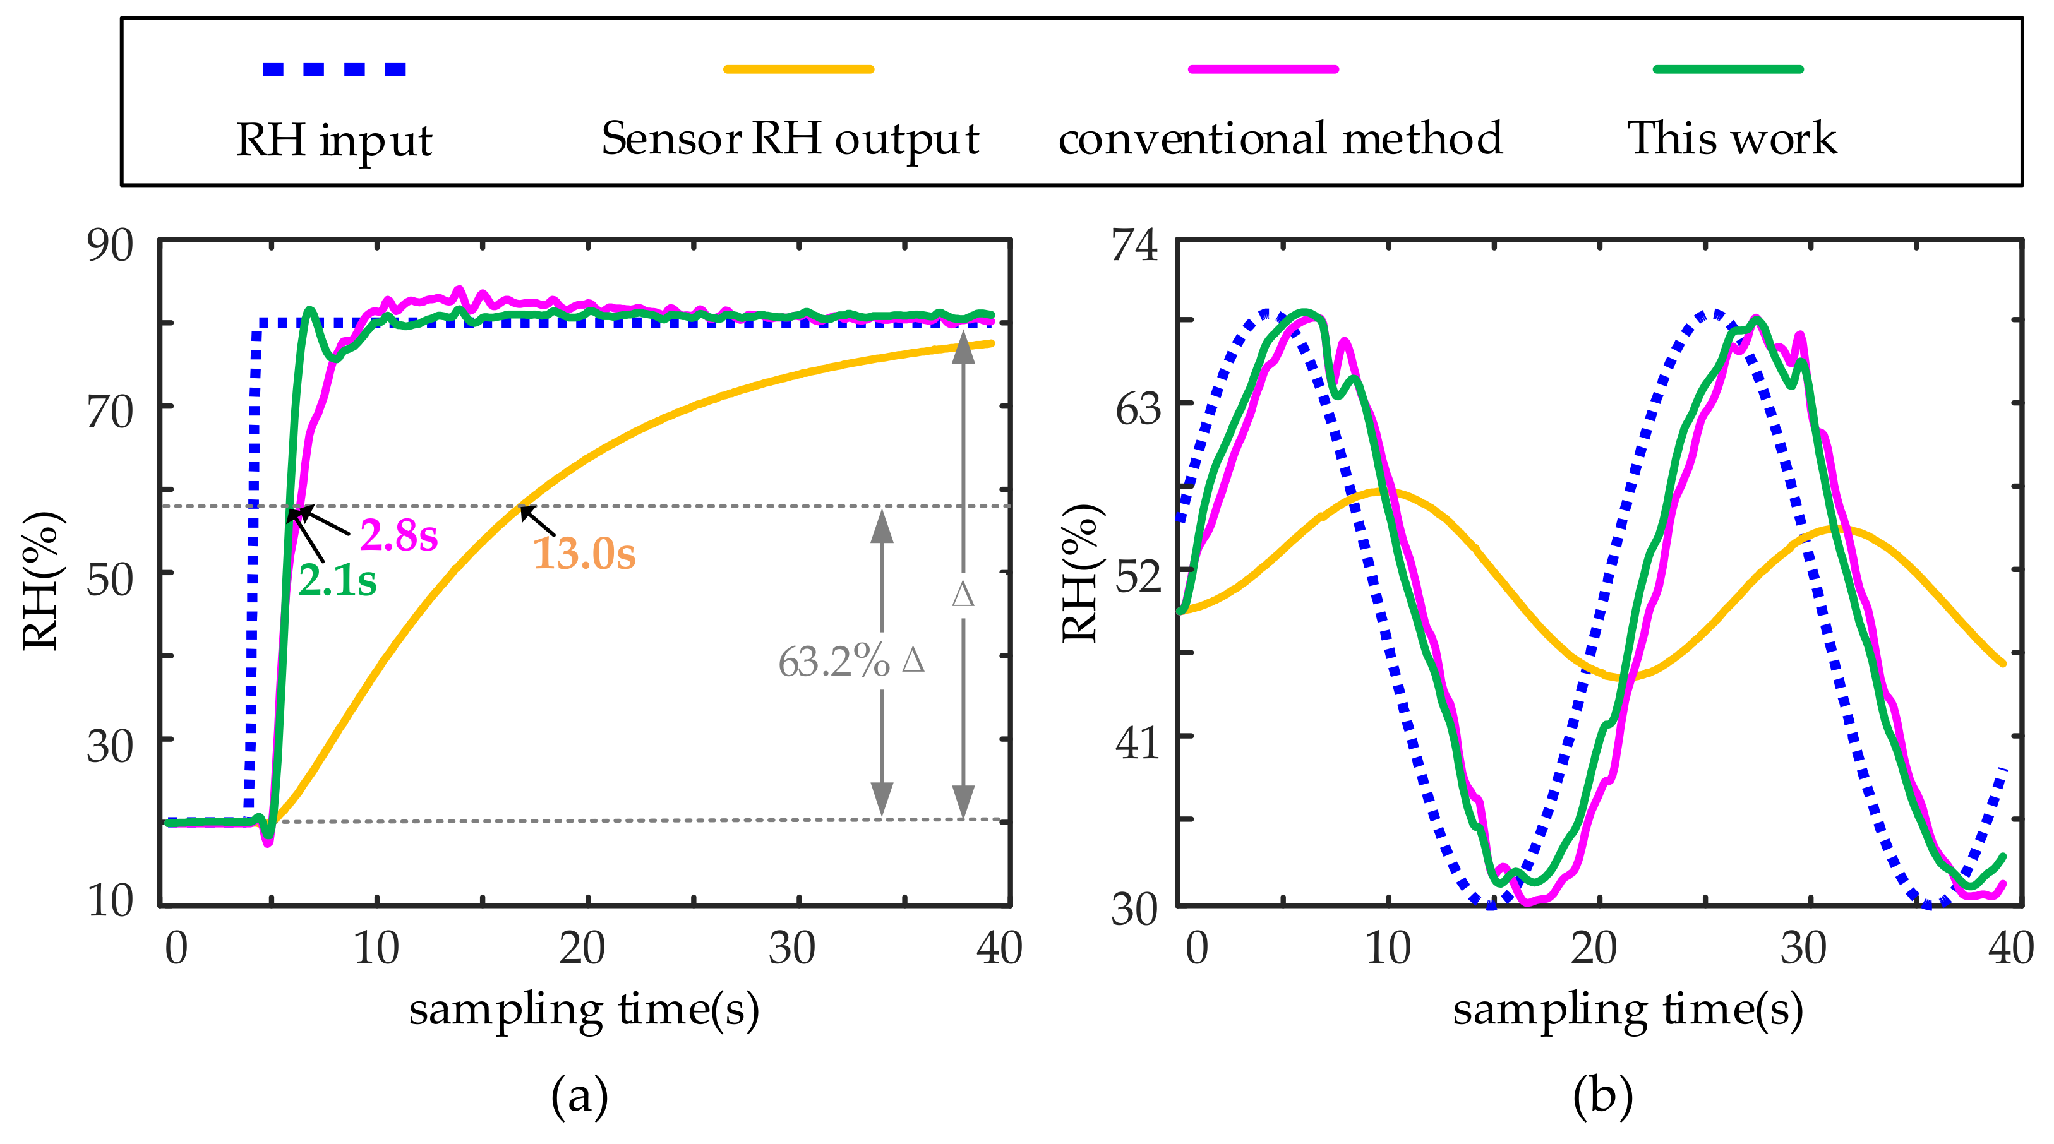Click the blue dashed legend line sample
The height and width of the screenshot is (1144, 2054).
334,69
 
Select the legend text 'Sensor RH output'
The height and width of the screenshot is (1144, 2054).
790,140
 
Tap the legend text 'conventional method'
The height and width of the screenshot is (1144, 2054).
1280,140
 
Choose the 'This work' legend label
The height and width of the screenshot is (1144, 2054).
1731,139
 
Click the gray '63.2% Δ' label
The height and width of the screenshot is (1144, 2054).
851,662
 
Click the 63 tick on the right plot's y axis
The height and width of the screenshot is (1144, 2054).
1137,410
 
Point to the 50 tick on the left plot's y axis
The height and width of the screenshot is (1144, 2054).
110,580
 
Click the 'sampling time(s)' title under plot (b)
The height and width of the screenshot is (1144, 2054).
1628,1010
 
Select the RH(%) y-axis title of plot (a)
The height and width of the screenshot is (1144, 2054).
40,580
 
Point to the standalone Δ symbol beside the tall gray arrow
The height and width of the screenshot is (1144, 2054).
963,595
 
